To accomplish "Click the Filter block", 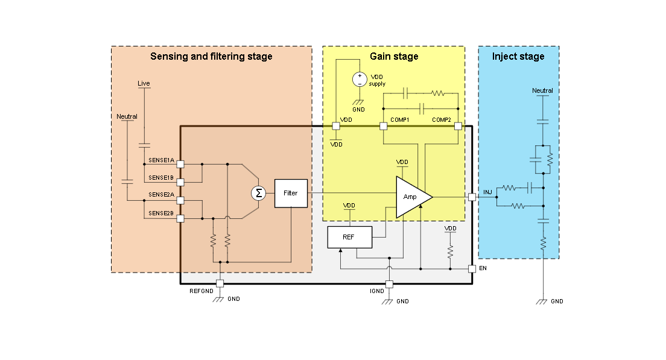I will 290,193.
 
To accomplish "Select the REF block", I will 349,237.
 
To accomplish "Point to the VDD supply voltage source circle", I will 360,79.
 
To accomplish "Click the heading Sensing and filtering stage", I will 211,57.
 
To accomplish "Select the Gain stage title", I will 394,57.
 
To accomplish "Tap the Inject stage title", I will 518,57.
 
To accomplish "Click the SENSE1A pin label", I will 161,160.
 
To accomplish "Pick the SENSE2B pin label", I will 161,213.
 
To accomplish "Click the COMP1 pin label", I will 400,120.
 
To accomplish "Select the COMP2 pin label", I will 442,120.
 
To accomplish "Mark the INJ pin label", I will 487,192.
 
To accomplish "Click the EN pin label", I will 483,267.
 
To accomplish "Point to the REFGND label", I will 202,291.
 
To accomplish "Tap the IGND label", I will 376,291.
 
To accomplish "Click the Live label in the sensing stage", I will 144,83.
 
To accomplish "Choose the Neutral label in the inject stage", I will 542,91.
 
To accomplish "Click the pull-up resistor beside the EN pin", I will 450,251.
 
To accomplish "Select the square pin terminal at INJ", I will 472,197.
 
